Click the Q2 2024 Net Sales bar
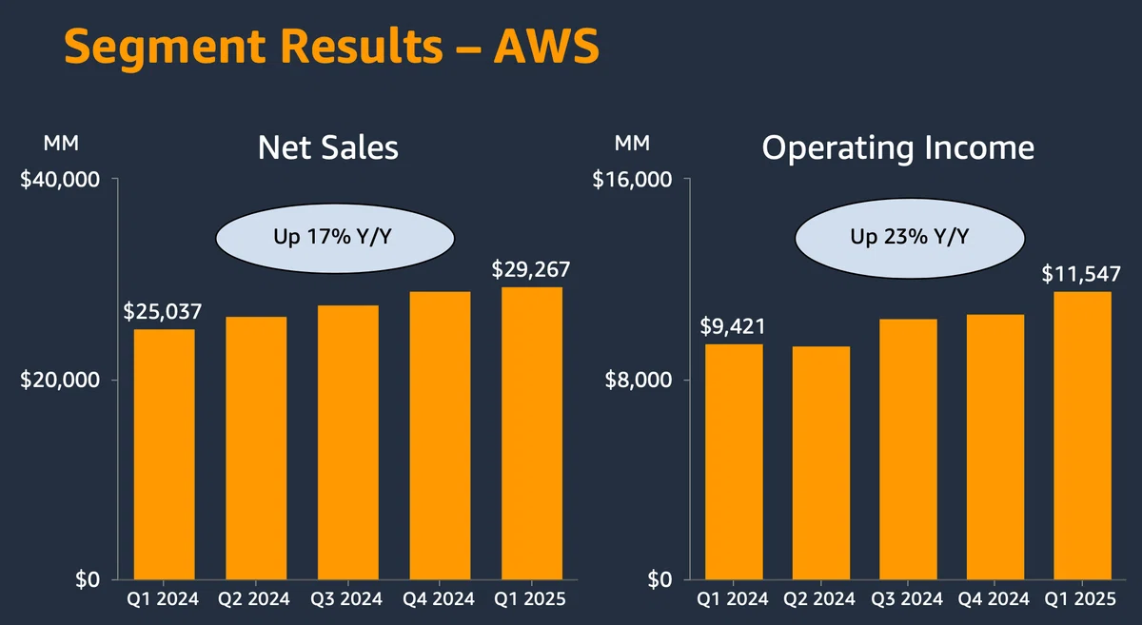tap(256, 448)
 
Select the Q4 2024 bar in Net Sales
tap(440, 436)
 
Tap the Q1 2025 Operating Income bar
tap(1082, 436)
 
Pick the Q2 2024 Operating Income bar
tap(820, 463)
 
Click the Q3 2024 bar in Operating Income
tap(908, 449)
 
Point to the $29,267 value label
tap(531, 269)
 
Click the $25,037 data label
tap(163, 311)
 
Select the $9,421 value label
tap(733, 326)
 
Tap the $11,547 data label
tap(1081, 274)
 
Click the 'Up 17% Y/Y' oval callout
tap(335, 238)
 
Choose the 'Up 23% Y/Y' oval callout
tap(910, 238)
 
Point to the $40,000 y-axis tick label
tap(60, 180)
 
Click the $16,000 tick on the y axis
tap(632, 180)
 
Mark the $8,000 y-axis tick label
tap(638, 381)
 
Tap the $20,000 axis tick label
tap(60, 381)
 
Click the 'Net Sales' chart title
tap(327, 147)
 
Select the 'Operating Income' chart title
tap(897, 148)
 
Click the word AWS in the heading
tap(546, 47)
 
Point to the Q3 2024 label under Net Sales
tap(346, 599)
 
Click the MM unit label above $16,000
tap(632, 144)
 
